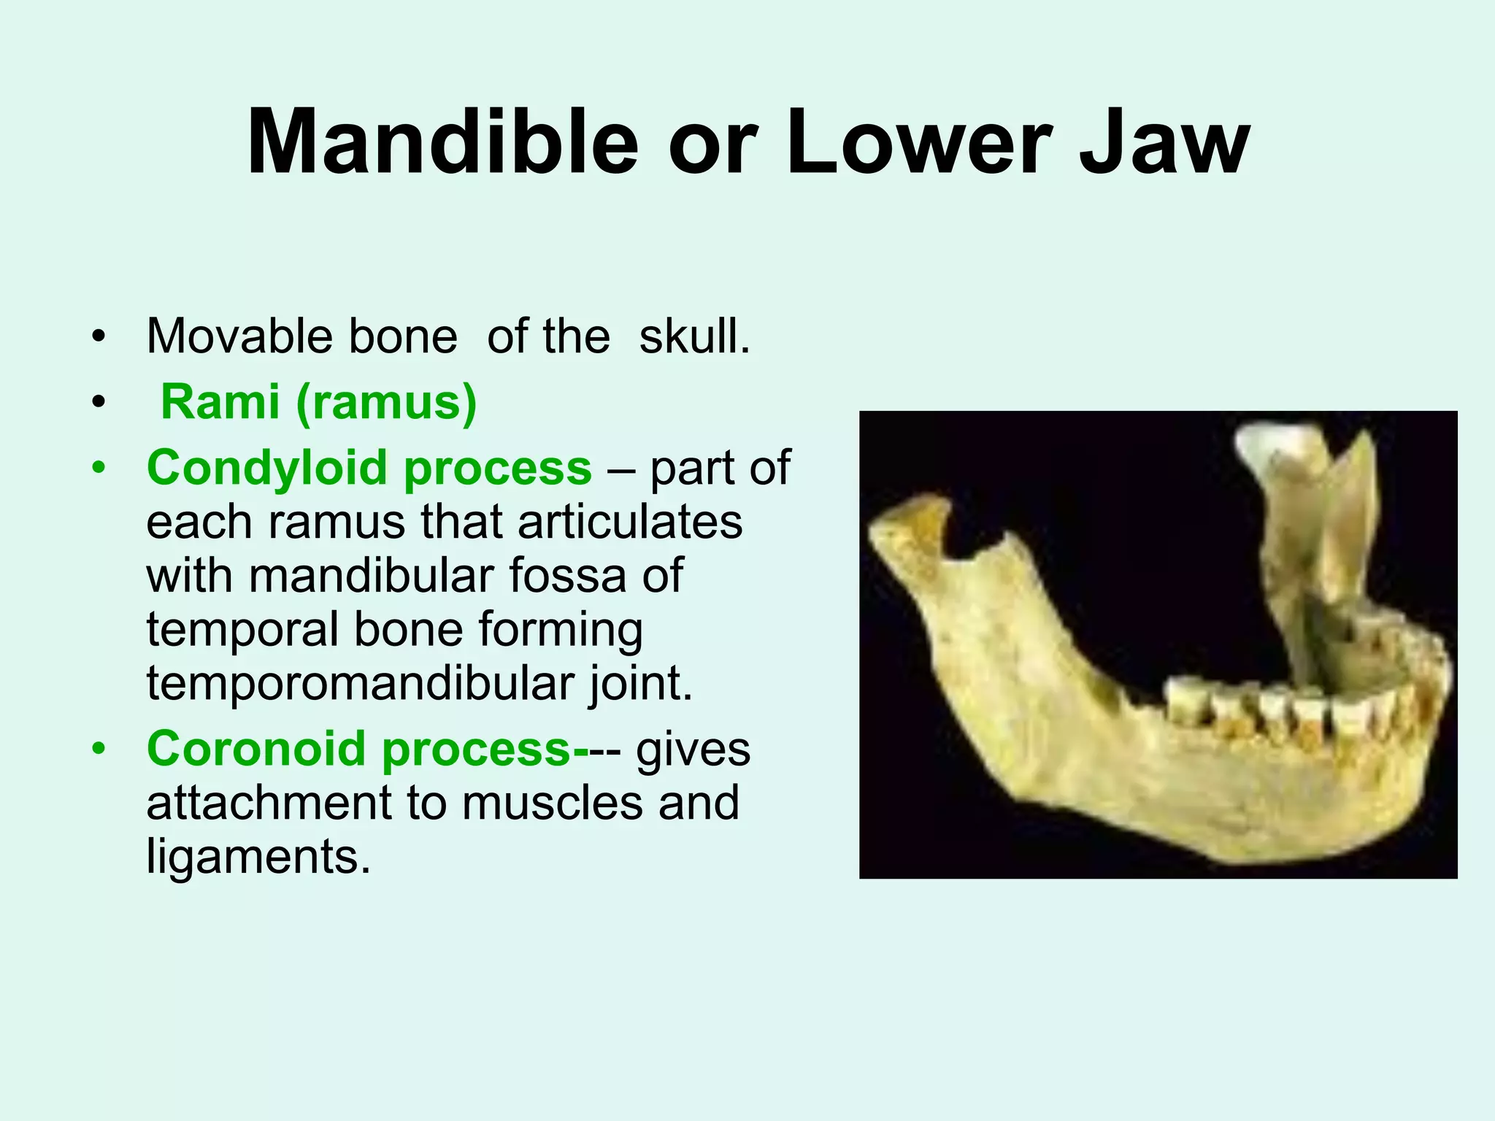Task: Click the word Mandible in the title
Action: pos(442,142)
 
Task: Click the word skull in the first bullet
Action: pos(693,336)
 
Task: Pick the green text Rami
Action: pos(220,402)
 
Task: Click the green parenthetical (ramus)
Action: pos(386,402)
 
